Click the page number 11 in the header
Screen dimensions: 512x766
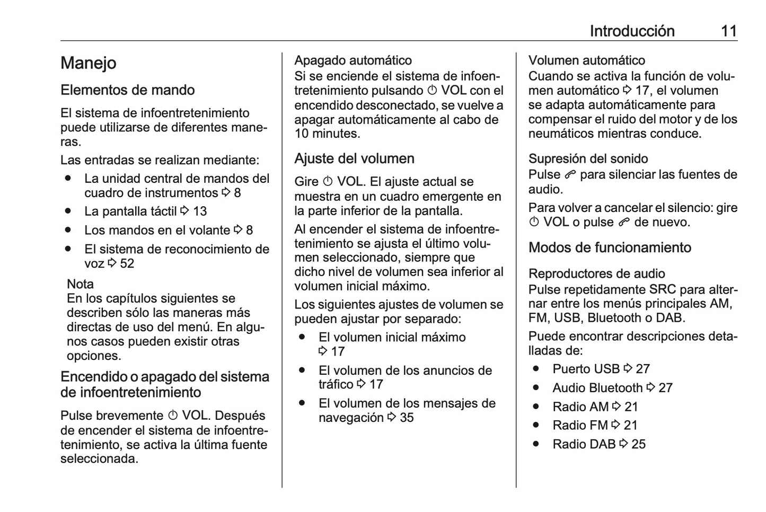[729, 31]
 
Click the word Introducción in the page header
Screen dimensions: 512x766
[632, 31]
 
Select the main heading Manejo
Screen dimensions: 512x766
[88, 63]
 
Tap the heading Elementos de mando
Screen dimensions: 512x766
[127, 90]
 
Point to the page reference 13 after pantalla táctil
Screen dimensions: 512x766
[200, 211]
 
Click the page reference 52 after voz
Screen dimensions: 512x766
[127, 263]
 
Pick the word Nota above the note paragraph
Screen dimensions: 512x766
[80, 284]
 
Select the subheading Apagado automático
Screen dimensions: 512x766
[353, 60]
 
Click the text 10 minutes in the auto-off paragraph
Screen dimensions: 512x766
[327, 134]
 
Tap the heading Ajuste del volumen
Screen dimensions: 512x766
[354, 158]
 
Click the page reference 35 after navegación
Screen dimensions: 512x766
[407, 418]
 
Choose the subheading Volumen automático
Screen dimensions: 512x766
[587, 60]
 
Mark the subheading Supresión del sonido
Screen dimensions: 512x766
[588, 158]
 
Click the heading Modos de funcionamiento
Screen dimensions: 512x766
[610, 248]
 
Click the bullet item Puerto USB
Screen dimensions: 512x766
[586, 369]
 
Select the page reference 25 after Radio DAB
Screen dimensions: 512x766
[638, 444]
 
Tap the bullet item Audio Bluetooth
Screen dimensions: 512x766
[597, 388]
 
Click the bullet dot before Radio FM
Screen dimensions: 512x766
[536, 425]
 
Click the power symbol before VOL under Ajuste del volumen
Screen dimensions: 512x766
[328, 182]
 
